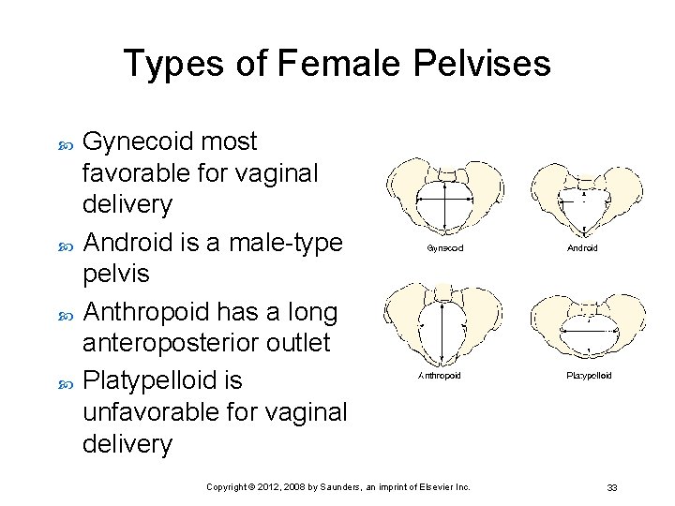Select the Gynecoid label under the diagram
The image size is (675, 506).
click(445, 248)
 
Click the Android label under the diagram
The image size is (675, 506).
click(582, 248)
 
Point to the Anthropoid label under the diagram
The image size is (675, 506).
click(439, 375)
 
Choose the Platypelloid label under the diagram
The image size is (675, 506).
click(589, 375)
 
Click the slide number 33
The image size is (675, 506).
click(611, 487)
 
